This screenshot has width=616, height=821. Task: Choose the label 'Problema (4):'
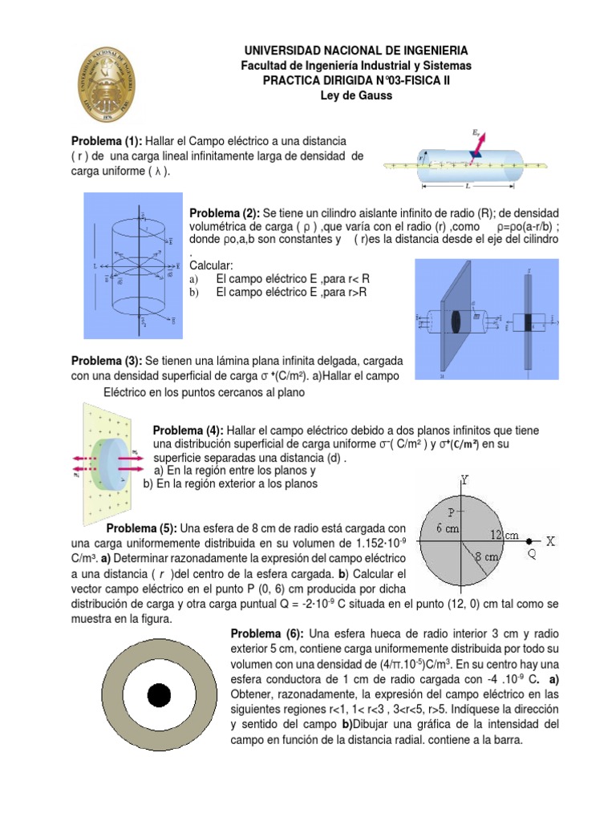click(188, 431)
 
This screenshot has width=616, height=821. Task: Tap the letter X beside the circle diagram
click(550, 541)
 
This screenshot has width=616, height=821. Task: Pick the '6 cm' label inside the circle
click(448, 528)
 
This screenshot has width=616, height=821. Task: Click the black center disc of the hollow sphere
click(158, 694)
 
